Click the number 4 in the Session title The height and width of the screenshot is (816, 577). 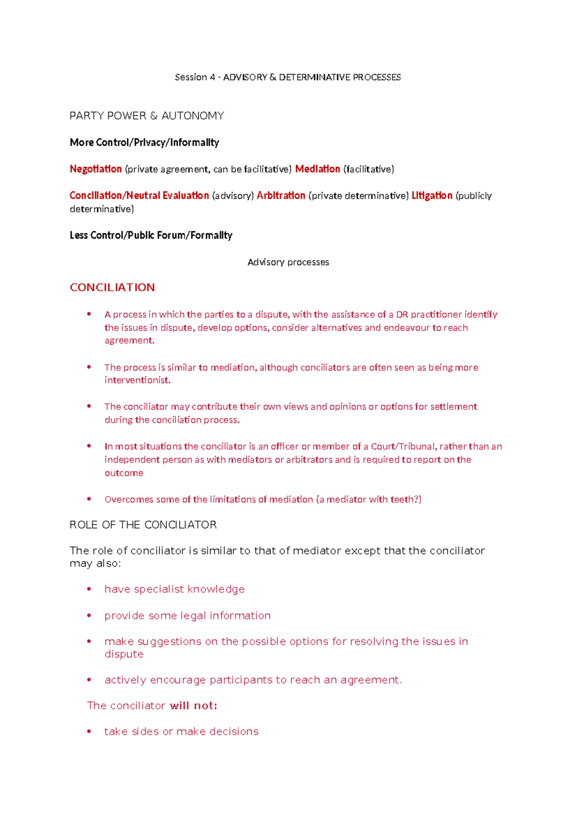212,77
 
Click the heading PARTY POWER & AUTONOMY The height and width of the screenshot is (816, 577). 147,116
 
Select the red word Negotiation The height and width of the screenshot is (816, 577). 96,169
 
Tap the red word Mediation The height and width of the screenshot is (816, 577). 317,169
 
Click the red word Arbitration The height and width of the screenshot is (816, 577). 281,195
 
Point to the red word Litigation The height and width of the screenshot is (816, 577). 432,195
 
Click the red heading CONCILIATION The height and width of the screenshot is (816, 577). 112,287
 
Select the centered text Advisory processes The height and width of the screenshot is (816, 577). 288,262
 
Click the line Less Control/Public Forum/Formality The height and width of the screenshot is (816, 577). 151,235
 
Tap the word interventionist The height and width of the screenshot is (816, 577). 138,380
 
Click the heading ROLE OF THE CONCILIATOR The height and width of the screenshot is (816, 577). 143,525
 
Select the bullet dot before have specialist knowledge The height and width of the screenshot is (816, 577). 89,589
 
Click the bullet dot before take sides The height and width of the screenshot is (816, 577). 89,731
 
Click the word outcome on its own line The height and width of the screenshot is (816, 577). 124,473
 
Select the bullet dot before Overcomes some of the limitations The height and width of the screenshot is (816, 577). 89,499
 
